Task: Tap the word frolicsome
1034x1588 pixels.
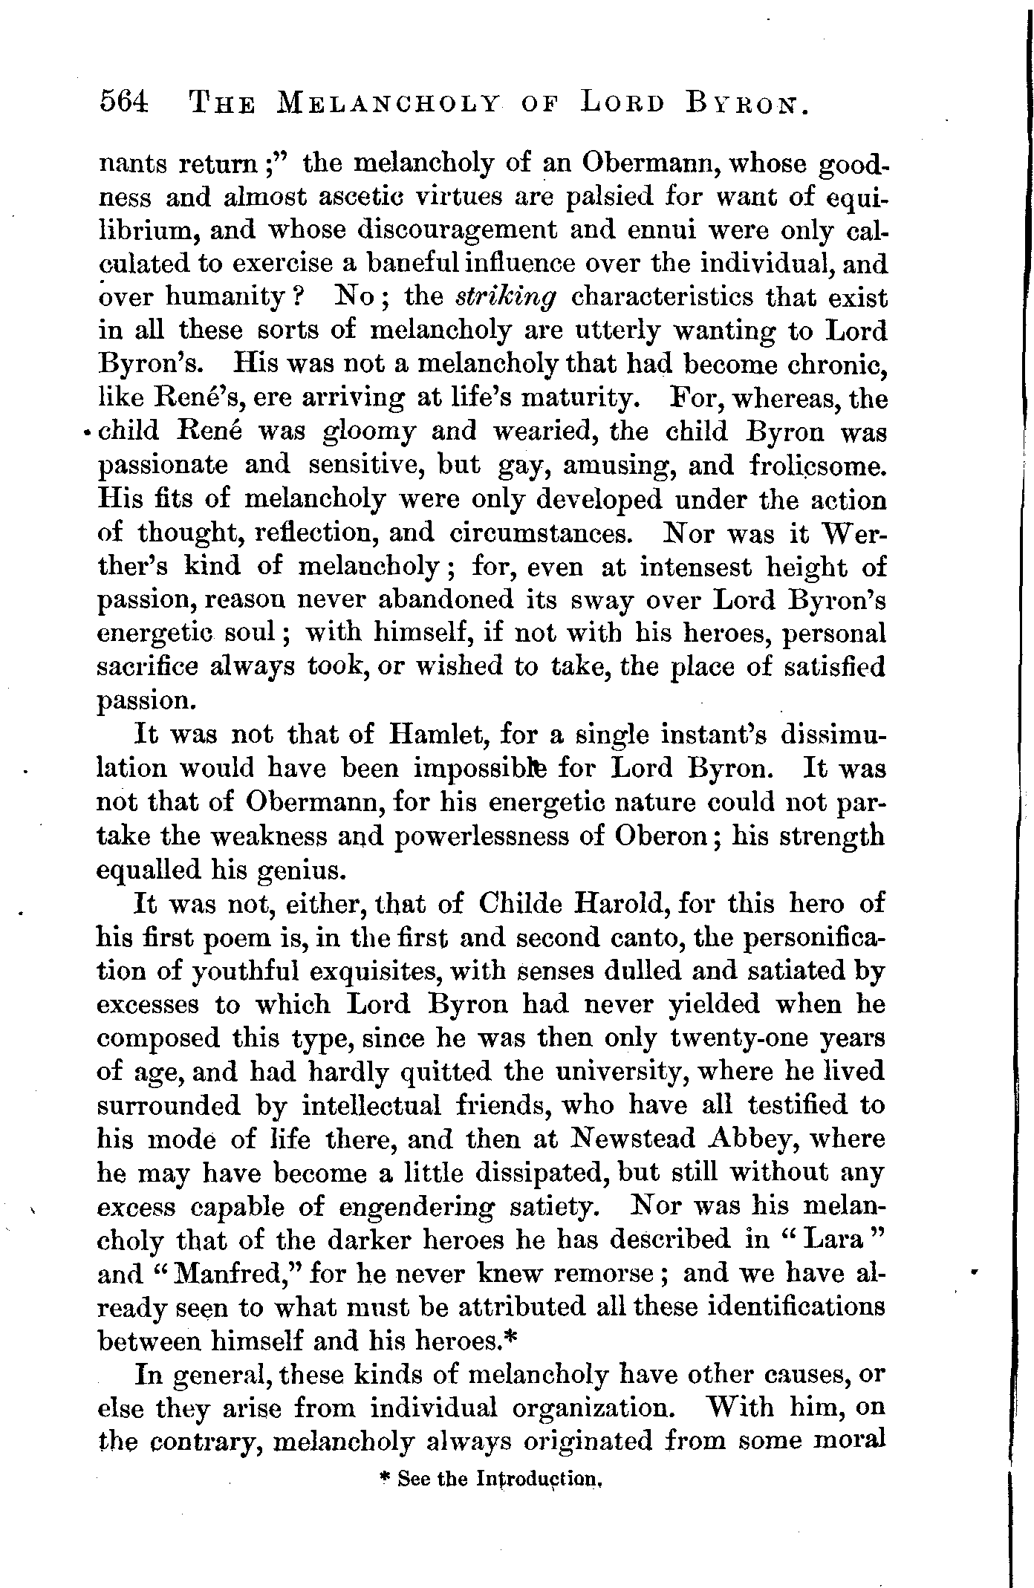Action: pyautogui.click(x=817, y=466)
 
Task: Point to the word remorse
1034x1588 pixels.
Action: pyautogui.click(x=606, y=1274)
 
